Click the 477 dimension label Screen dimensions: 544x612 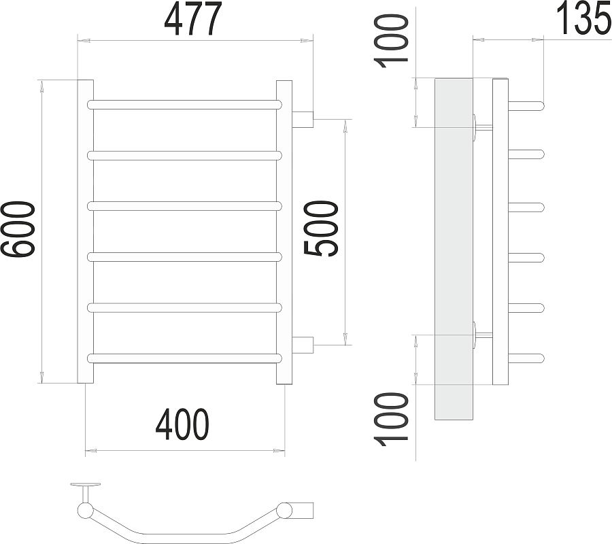click(x=193, y=20)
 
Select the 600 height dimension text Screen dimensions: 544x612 click(x=19, y=230)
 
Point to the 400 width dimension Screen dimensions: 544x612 click(x=182, y=426)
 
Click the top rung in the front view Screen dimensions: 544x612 click(x=184, y=105)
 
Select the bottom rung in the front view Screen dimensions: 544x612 click(x=184, y=357)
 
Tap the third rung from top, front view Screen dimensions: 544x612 click(x=184, y=205)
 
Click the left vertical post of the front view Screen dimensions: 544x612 click(x=85, y=231)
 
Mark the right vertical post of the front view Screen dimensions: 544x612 click(x=284, y=231)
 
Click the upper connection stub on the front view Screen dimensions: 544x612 click(x=303, y=120)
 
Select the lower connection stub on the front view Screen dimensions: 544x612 click(x=303, y=344)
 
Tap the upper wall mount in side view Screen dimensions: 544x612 click(x=481, y=126)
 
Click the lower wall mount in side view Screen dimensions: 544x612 click(x=481, y=335)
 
